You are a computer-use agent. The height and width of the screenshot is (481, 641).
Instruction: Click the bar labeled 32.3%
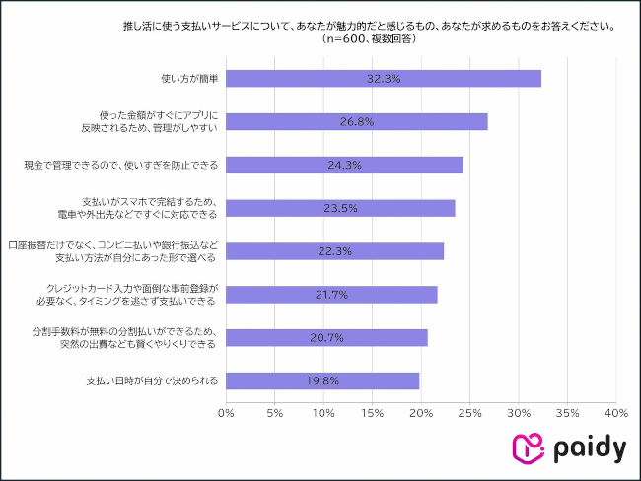pos(384,78)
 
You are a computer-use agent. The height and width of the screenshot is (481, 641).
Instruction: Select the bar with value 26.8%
pos(357,121)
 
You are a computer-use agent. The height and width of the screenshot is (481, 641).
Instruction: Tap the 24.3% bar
pos(344,165)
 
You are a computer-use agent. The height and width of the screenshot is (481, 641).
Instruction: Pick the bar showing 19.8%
pos(322,380)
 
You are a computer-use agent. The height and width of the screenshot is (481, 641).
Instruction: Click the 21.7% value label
pos(330,295)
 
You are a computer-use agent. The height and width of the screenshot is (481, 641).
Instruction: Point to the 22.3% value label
pos(335,251)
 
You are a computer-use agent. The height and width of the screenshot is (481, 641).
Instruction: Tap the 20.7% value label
pos(326,338)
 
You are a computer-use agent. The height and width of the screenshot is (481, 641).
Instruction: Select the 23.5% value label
pos(340,208)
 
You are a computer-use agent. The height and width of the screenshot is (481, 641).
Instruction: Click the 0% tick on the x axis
pos(227,412)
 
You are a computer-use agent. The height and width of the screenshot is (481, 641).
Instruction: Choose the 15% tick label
pos(373,412)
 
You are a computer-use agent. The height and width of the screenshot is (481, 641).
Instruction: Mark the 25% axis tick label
pos(469,412)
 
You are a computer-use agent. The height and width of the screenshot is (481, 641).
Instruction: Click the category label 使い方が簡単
pos(187,78)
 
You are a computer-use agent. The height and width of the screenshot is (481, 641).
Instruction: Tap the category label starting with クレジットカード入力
pos(152,295)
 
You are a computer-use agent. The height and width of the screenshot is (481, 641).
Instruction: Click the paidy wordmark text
pos(588,448)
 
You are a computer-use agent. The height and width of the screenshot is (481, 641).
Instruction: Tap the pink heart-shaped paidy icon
pos(528,448)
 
